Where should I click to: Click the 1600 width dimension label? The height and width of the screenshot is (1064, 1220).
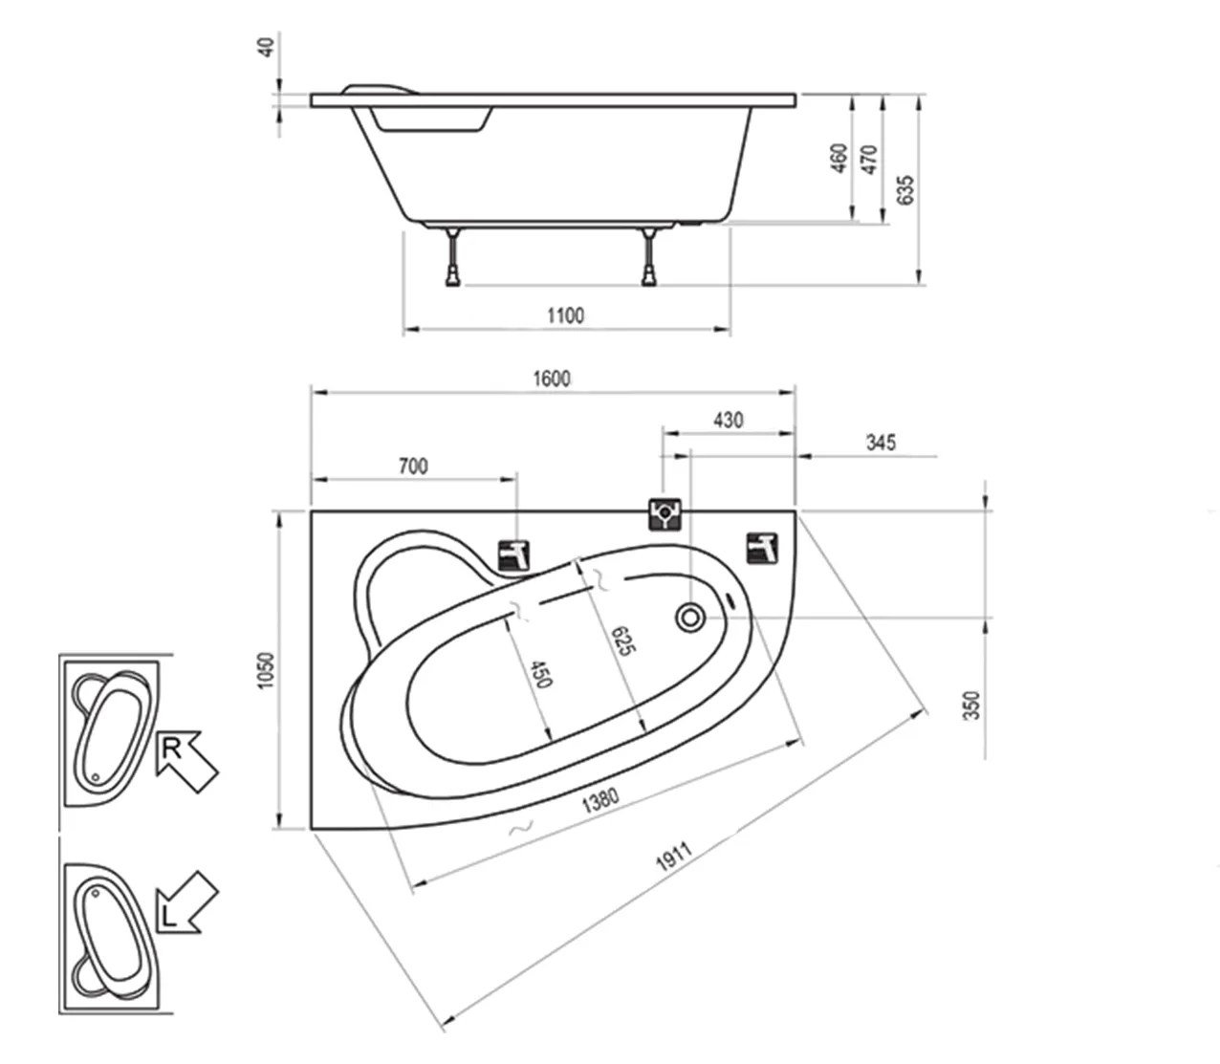pyautogui.click(x=552, y=379)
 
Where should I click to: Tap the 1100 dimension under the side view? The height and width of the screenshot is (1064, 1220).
pyautogui.click(x=566, y=315)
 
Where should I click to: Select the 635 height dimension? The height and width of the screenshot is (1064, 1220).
pyautogui.click(x=905, y=190)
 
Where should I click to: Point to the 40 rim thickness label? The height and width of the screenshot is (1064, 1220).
pyautogui.click(x=268, y=47)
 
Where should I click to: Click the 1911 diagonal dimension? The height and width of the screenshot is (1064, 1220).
pyautogui.click(x=674, y=857)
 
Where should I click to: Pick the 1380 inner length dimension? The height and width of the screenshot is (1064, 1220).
pyautogui.click(x=600, y=800)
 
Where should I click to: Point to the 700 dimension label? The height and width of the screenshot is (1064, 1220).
pyautogui.click(x=413, y=467)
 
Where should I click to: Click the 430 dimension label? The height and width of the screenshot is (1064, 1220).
pyautogui.click(x=728, y=421)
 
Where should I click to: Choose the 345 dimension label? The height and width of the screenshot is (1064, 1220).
pyautogui.click(x=881, y=443)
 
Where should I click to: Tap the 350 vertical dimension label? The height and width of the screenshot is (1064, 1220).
pyautogui.click(x=971, y=706)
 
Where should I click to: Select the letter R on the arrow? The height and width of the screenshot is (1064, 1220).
pyautogui.click(x=172, y=749)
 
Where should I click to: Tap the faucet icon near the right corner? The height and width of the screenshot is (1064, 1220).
pyautogui.click(x=763, y=549)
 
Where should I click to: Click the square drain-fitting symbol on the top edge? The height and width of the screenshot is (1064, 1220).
pyautogui.click(x=664, y=514)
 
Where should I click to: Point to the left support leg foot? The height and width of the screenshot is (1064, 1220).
pyautogui.click(x=453, y=279)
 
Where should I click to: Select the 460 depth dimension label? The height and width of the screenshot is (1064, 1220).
pyautogui.click(x=839, y=158)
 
